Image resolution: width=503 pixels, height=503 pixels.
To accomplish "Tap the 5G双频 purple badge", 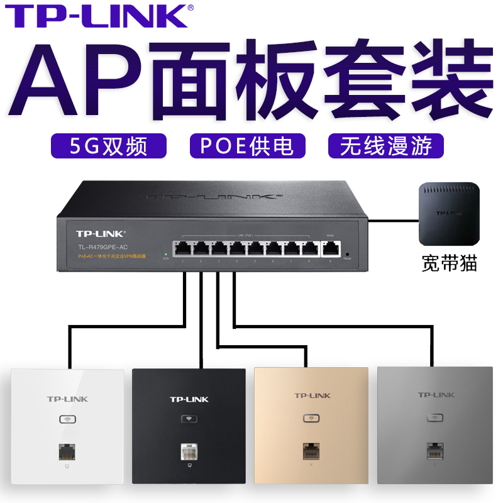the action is (109, 146).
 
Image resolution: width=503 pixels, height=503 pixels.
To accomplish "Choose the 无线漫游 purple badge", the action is (385, 146).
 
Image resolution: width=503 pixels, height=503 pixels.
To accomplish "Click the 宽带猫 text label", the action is (450, 263).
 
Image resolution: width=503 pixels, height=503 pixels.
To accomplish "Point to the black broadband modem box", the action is (450, 213).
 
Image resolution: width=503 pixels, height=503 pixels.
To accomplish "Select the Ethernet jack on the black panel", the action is (189, 453).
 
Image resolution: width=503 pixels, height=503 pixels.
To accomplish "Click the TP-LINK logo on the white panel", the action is (67, 399).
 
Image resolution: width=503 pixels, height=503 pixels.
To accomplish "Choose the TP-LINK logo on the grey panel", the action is (436, 395).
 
